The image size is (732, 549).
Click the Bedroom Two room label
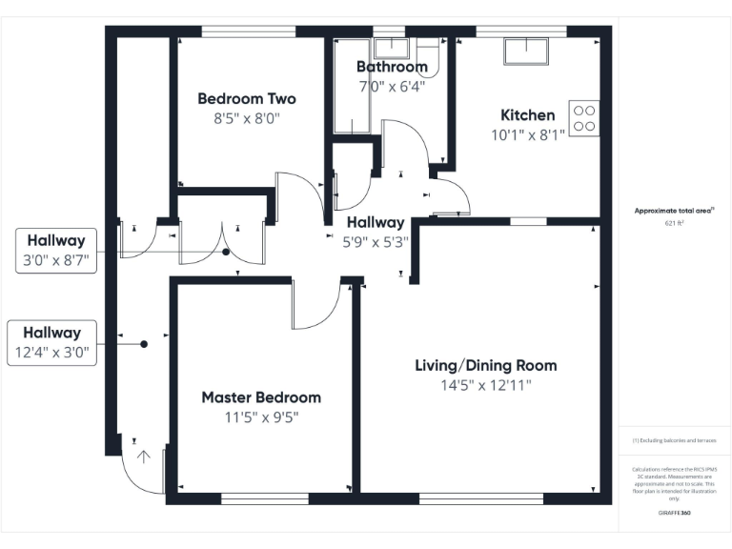247,98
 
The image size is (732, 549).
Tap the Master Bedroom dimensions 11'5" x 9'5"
260,417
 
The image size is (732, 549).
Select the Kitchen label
527,115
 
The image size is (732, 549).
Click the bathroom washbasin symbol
391,48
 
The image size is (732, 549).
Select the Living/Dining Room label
485,365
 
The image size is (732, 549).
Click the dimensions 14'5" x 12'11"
485,386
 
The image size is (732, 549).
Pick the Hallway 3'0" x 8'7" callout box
55,251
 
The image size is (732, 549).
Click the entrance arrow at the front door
144,457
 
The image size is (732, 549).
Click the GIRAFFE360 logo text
675,514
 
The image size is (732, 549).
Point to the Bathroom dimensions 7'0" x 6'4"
392,86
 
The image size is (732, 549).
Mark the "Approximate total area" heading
674,210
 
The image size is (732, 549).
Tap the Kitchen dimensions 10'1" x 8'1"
527,135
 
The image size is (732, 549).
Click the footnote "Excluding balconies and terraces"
675,440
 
